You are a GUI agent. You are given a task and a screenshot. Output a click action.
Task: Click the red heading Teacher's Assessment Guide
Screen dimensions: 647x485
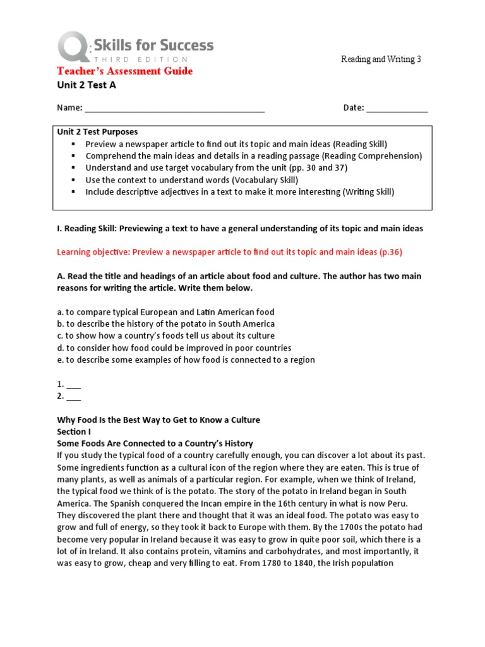125,71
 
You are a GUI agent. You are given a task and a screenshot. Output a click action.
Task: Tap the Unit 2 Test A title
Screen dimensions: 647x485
87,85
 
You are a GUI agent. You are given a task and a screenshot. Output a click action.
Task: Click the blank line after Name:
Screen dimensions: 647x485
175,108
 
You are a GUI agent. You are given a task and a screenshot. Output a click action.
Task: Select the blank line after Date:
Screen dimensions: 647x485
397,108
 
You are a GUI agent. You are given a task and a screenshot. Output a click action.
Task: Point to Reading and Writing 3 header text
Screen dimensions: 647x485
381,59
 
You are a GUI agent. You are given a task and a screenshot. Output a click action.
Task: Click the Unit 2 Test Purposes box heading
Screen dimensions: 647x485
97,132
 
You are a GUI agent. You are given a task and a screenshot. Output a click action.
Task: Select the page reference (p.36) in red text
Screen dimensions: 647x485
390,252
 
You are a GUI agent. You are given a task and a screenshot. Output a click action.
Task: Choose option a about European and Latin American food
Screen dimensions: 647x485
165,312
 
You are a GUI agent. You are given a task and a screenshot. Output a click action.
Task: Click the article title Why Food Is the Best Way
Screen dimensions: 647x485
158,420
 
